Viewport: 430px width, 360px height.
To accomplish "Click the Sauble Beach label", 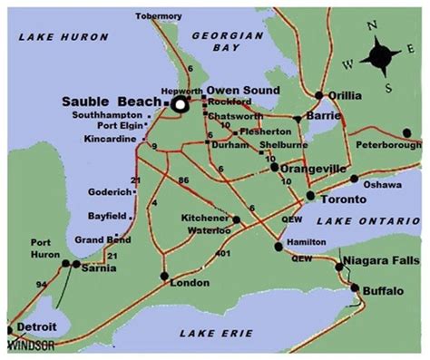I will (x=112, y=102).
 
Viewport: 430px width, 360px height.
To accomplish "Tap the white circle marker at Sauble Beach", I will (x=180, y=105).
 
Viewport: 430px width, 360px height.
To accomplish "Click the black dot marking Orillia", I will (x=318, y=95).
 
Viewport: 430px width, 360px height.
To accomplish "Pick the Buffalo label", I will (x=381, y=290).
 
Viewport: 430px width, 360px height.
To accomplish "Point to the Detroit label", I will (x=38, y=326).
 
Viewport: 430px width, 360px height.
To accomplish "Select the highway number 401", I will (x=224, y=254).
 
